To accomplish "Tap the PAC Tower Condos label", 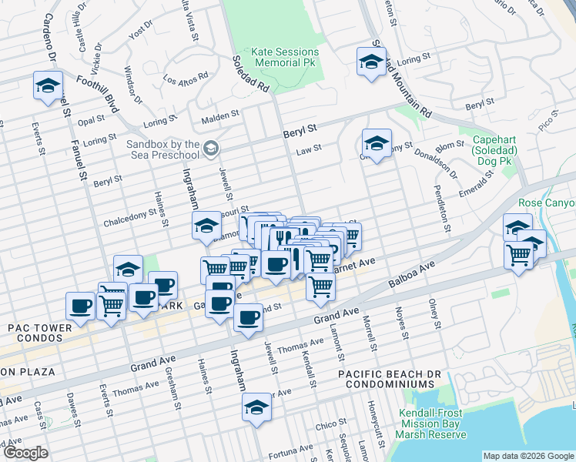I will (39, 328).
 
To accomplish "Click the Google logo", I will (25, 453).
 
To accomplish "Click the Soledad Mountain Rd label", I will (400, 79).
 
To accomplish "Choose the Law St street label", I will (308, 149).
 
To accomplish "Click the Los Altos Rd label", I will (186, 79).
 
